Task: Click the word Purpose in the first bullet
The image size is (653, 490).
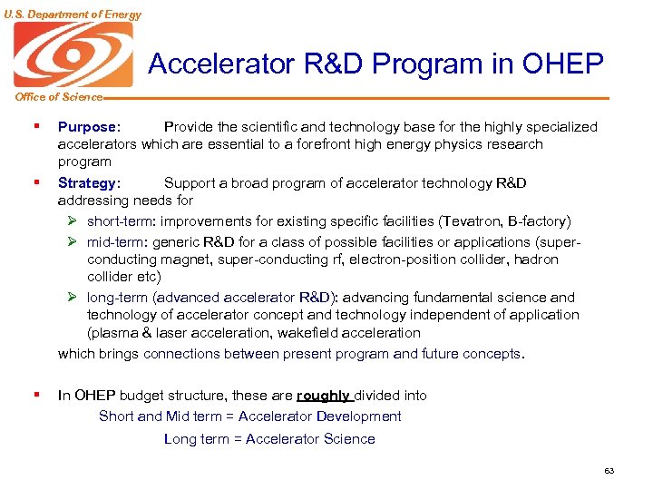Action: [87, 127]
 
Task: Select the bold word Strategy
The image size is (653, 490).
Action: [87, 183]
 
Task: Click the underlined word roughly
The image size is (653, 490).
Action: [323, 396]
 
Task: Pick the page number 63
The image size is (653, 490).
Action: [609, 470]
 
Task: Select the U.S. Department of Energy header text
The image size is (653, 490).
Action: [72, 14]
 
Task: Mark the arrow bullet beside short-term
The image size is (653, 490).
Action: [73, 221]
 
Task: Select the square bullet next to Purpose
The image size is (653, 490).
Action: [35, 127]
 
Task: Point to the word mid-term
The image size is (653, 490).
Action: [116, 242]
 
